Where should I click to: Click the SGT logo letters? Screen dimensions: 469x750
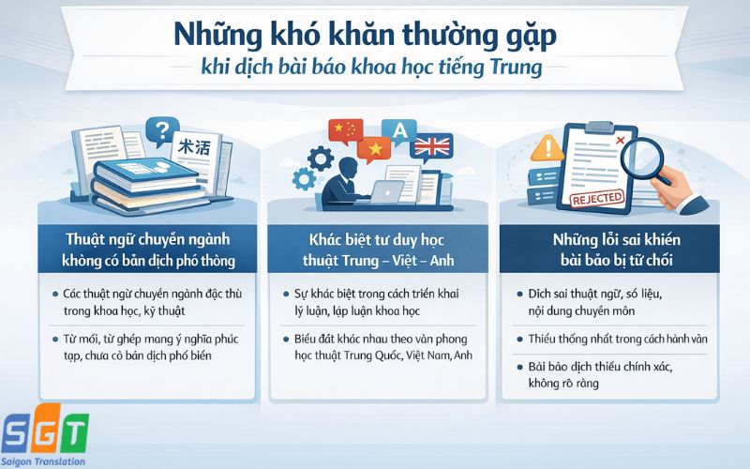(44, 432)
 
